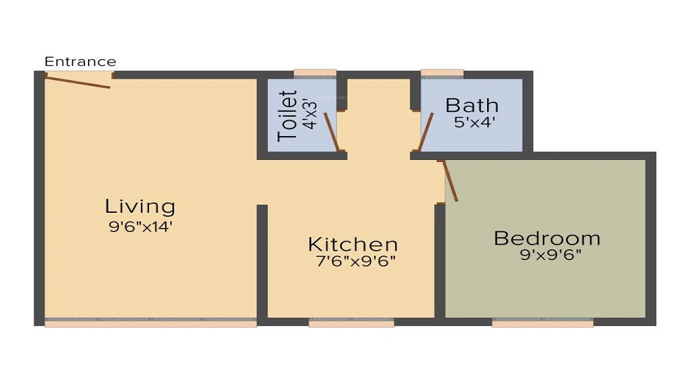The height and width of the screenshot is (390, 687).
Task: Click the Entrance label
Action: click(80, 62)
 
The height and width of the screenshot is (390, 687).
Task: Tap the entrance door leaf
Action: click(78, 81)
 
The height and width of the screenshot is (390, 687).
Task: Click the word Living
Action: click(140, 206)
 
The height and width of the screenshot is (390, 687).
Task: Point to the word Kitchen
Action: click(352, 244)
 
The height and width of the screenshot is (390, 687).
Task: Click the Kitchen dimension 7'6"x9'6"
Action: click(352, 261)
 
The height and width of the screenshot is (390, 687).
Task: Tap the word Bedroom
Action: click(547, 238)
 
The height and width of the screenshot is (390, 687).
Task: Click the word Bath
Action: click(471, 105)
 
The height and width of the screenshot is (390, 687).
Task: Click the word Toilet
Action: click(288, 116)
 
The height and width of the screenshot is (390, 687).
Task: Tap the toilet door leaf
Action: click(330, 131)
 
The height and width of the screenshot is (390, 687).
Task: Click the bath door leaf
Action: click(426, 131)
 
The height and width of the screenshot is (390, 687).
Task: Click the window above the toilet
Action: click(315, 72)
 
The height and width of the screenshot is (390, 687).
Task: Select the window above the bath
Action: click(442, 72)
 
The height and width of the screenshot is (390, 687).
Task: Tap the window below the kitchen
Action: click(351, 323)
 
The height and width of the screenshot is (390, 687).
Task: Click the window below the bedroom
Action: click(543, 323)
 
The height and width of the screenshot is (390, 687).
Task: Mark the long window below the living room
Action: click(150, 323)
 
